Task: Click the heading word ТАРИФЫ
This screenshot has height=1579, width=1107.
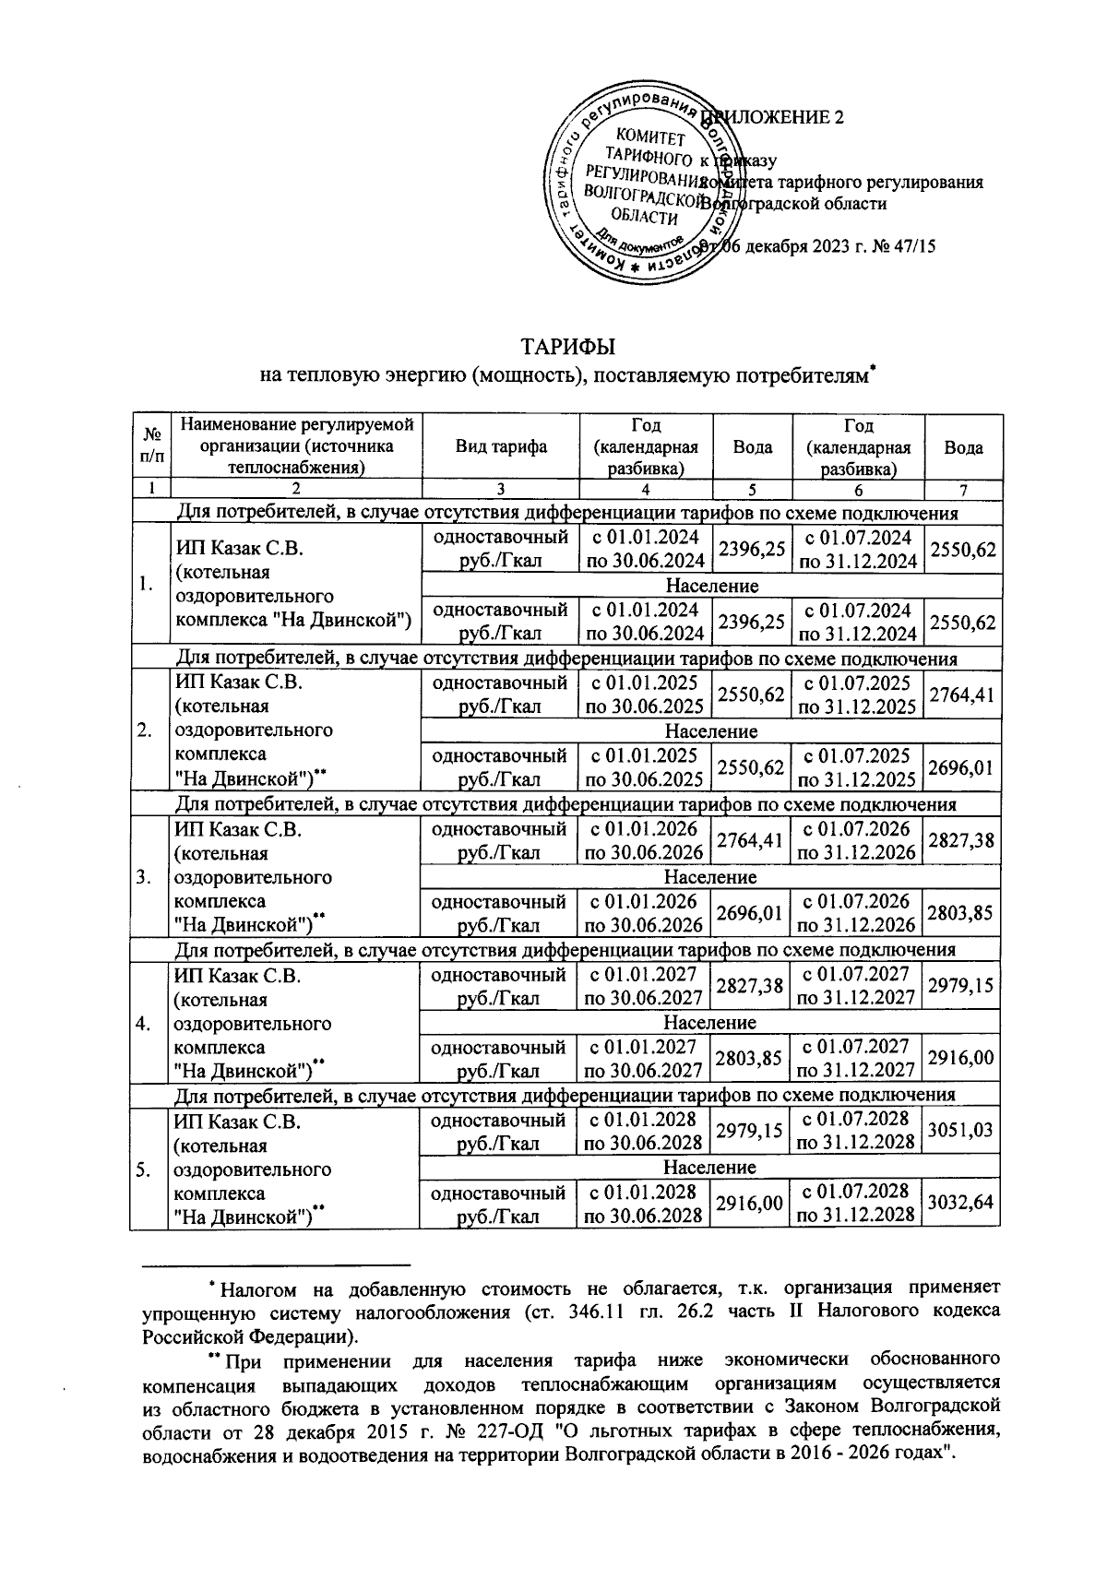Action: click(568, 348)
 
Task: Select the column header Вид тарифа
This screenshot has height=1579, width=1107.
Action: click(501, 447)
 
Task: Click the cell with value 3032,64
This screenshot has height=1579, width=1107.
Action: click(962, 1203)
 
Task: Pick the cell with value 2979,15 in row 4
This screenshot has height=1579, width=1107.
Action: click(962, 985)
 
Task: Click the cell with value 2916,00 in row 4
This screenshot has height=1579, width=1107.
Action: click(962, 1058)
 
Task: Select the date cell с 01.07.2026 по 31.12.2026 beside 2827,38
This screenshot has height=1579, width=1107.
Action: click(858, 840)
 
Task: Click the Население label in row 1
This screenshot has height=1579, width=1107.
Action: click(711, 586)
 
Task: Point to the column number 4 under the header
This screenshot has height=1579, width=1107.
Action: click(646, 489)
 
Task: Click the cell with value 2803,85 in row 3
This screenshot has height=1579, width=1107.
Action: click(962, 912)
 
